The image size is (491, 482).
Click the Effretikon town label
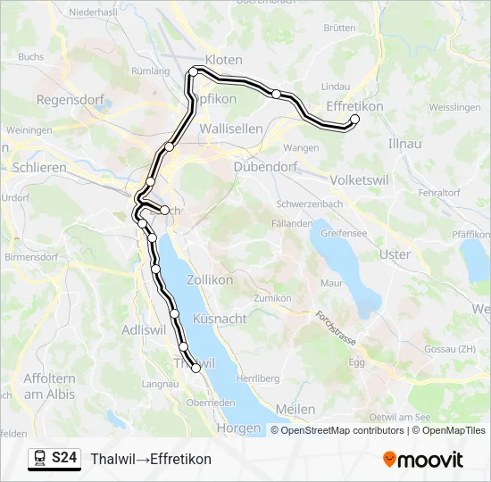tap(354, 105)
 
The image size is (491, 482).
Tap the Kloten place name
tap(223, 60)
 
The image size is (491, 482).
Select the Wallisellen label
tap(231, 129)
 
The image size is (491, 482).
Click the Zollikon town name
tap(210, 279)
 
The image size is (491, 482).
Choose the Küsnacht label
tap(220, 319)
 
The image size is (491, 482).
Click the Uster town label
tap(395, 254)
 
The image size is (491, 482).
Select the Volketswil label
tap(358, 179)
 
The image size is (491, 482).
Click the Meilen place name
tap(296, 409)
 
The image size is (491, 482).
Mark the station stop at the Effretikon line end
tap(354, 119)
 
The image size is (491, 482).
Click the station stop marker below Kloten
tap(193, 71)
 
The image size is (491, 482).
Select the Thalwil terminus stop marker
tap(196, 368)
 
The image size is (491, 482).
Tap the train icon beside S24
tap(40, 459)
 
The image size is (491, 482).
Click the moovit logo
tap(422, 460)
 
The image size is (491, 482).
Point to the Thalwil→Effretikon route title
tap(151, 459)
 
